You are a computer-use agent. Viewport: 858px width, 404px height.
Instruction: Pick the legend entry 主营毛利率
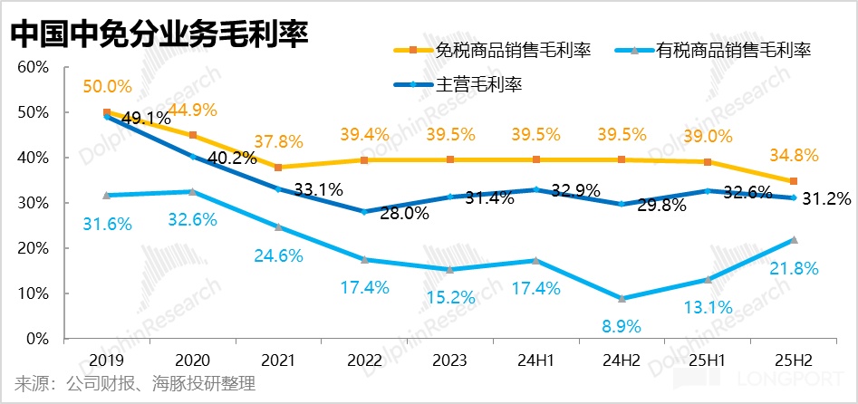(x=480, y=84)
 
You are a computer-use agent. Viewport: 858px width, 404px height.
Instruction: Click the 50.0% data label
(x=107, y=88)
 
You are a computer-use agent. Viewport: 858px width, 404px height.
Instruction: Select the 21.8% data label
(x=794, y=268)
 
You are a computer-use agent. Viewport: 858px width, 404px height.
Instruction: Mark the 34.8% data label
(x=794, y=155)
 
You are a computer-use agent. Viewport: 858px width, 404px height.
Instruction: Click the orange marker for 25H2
(x=794, y=181)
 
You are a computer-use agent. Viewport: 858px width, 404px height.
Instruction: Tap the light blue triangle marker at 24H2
(x=621, y=298)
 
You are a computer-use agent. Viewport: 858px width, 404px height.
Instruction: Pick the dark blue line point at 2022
(x=364, y=212)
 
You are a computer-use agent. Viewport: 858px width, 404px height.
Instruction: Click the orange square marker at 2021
(x=278, y=168)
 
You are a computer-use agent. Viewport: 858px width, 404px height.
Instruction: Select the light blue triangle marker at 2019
(x=107, y=195)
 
